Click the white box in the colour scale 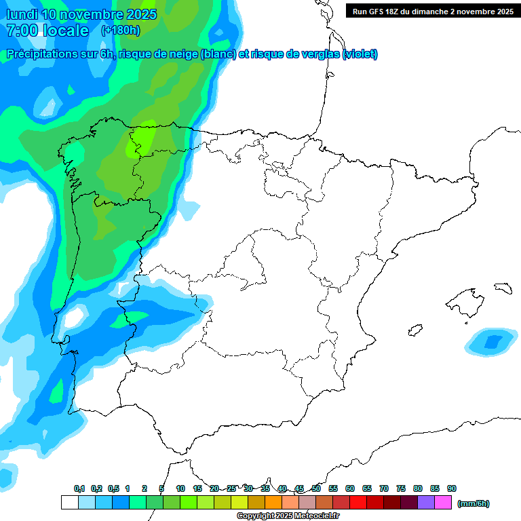coord(69,503)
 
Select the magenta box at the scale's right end coord(443,503)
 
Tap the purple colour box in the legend coord(426,503)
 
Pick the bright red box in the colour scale coord(358,503)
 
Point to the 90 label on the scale coord(452,488)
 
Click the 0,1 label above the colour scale coord(79,488)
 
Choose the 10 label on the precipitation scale coord(180,488)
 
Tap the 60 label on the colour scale coord(350,488)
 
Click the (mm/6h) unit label coord(474,503)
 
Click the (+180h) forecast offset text coord(120,31)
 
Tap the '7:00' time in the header coord(21,31)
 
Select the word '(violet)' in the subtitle coord(360,54)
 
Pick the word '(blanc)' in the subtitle coord(216,54)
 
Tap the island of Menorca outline coord(503,288)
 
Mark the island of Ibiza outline coord(415,330)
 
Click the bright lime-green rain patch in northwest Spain coord(142,139)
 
